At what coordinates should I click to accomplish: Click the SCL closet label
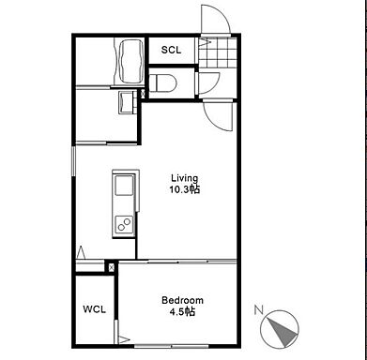coord(171,50)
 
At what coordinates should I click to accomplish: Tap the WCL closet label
coord(94,309)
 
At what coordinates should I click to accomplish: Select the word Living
coord(185,178)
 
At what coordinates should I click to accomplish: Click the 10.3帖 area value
coord(185,189)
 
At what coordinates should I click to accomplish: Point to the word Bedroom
coord(182,300)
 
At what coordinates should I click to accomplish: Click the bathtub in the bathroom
coord(130,62)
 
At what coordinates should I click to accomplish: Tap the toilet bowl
coord(163,82)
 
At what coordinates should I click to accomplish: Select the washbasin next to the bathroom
coord(127,101)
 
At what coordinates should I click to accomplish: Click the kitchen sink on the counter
coord(124,186)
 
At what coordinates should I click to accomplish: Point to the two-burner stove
coord(124,224)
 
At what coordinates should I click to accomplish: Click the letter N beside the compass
coord(258,310)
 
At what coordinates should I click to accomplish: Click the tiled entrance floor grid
coord(217,52)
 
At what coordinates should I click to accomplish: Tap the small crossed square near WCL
coord(111,267)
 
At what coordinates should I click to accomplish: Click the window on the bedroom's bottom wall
coord(172,346)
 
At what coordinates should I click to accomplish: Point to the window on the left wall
coord(74,161)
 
